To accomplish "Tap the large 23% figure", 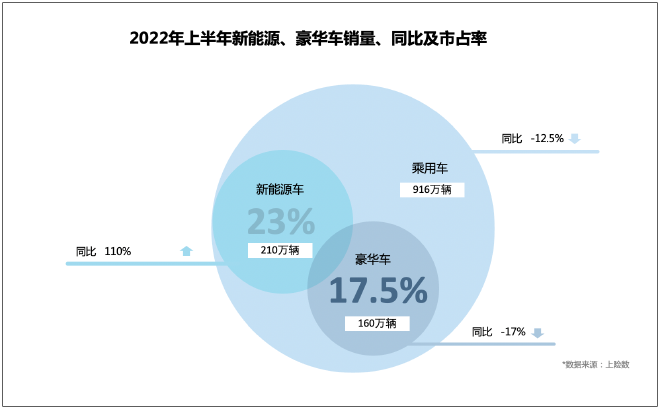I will pyautogui.click(x=281, y=221).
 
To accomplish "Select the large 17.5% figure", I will pyautogui.click(x=378, y=291).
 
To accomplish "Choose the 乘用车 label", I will pyautogui.click(x=430, y=168).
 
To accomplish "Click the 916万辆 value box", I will pyautogui.click(x=432, y=189).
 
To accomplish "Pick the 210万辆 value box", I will pyautogui.click(x=279, y=250).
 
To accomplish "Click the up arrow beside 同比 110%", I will pyautogui.click(x=186, y=251).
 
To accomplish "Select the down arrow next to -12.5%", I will pyautogui.click(x=575, y=138).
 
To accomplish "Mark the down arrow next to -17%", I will pyautogui.click(x=537, y=332).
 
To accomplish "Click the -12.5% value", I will pyautogui.click(x=547, y=138).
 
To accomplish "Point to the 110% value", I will pyautogui.click(x=118, y=251).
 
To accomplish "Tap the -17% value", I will pyautogui.click(x=513, y=332).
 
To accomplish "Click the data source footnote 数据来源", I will pyautogui.click(x=596, y=364).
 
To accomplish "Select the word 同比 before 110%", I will pyautogui.click(x=86, y=251).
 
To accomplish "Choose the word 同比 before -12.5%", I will pyautogui.click(x=511, y=138).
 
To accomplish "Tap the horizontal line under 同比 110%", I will pyautogui.click(x=140, y=263).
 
